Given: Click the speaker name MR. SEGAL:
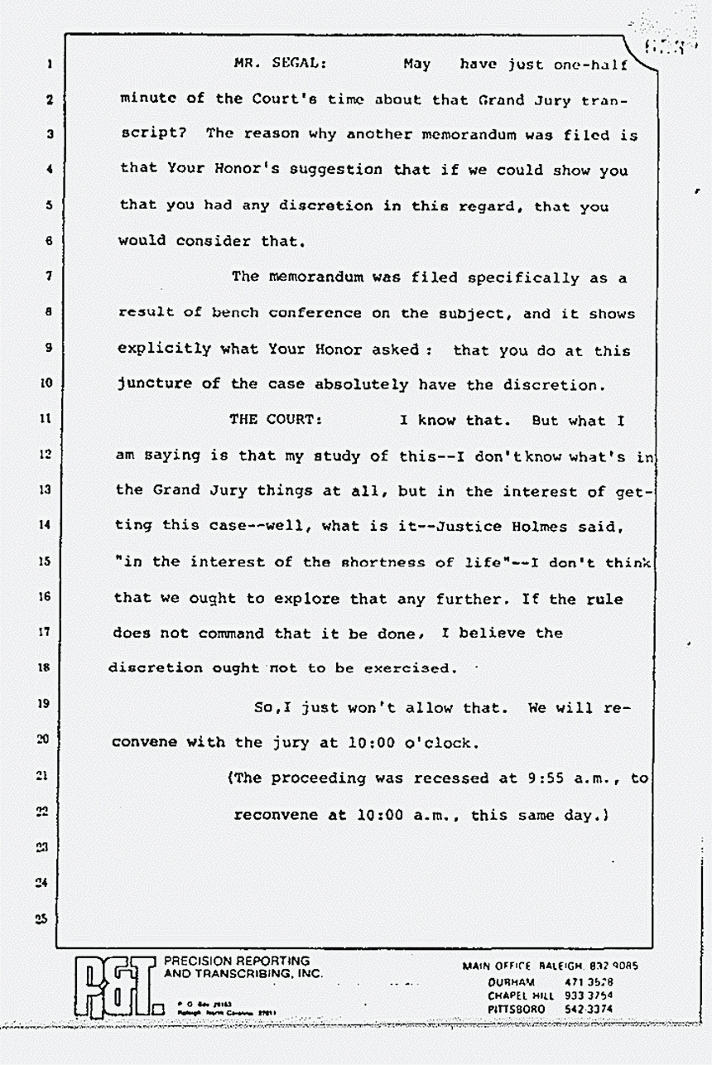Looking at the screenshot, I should coord(268,64).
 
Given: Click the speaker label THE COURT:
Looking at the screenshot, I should coord(276,420).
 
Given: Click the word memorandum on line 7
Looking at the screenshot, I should coord(316,277).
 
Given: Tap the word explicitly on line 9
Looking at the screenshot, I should coord(165,350).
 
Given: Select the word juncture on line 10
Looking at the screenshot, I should coord(155,385).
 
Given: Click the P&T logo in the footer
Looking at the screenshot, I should coord(115,986).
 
